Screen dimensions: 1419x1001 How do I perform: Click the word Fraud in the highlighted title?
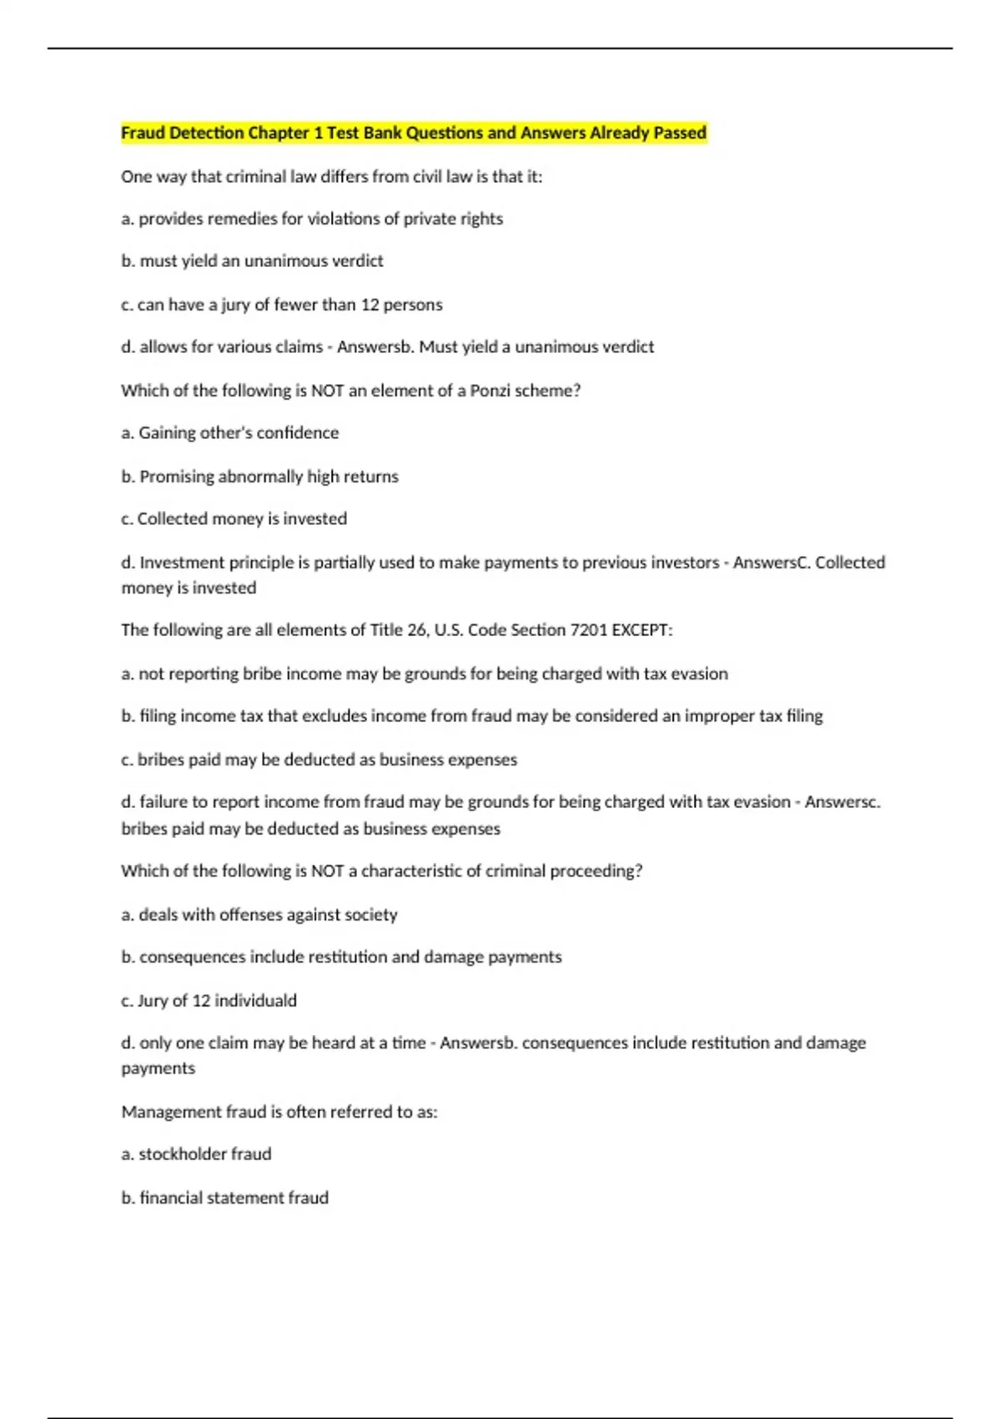click(x=143, y=133)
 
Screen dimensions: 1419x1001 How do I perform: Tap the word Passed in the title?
click(x=681, y=133)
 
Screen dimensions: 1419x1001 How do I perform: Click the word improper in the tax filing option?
click(x=719, y=715)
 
